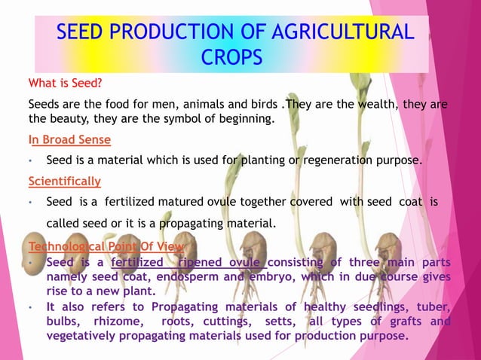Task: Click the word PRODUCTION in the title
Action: pos(175,32)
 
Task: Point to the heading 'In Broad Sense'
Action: pos(69,139)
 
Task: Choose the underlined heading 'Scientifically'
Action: pos(64,182)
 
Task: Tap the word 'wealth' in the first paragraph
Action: pos(377,104)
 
